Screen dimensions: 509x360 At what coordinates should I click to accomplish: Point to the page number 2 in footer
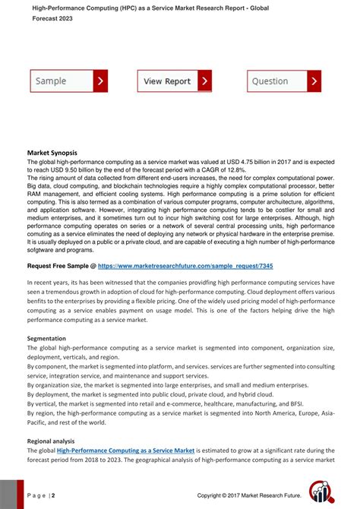click(x=52, y=495)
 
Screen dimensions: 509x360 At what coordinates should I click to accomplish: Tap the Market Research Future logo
click(x=324, y=492)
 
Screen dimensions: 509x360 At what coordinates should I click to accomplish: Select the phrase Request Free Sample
click(x=58, y=267)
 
